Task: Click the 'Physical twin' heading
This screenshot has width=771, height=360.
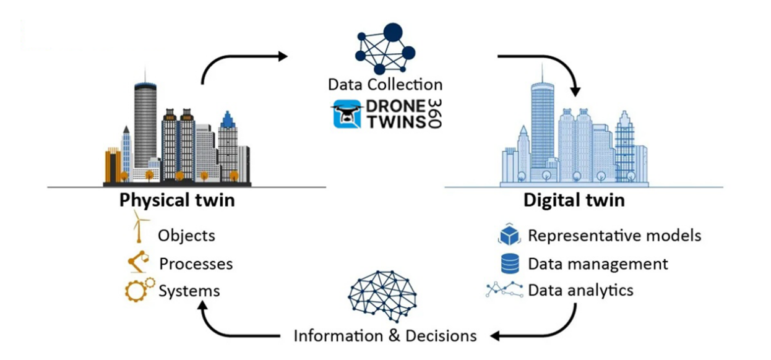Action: (177, 200)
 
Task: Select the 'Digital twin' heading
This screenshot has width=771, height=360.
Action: (574, 200)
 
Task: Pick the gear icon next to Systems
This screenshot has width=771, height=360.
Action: (139, 290)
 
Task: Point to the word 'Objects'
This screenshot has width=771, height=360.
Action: (186, 236)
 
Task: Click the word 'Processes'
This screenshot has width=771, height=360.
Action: (196, 264)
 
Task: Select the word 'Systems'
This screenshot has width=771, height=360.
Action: (189, 291)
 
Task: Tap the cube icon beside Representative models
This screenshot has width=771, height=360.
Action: (511, 235)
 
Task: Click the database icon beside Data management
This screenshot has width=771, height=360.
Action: (510, 264)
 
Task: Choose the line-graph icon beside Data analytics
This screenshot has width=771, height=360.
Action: (504, 289)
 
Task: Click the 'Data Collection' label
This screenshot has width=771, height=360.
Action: (385, 85)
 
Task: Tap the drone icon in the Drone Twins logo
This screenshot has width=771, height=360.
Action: (347, 114)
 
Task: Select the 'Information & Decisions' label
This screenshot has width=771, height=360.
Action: (385, 336)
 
